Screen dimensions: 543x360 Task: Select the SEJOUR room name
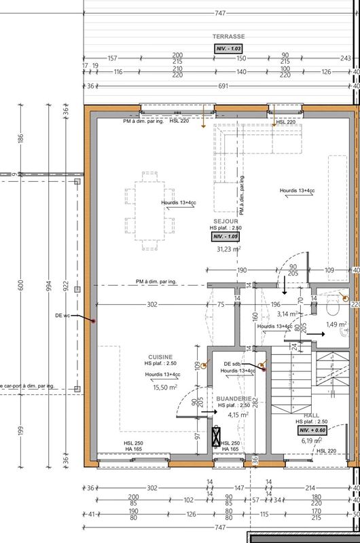click(x=225, y=221)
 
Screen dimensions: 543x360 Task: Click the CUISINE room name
click(x=160, y=356)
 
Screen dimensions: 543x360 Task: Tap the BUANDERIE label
click(x=234, y=399)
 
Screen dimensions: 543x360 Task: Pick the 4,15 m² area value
click(x=238, y=414)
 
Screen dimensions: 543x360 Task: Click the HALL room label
click(x=311, y=415)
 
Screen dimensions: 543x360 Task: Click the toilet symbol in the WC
click(x=332, y=308)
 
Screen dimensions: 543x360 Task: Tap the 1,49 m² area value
click(x=337, y=324)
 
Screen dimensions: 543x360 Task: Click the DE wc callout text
click(x=64, y=315)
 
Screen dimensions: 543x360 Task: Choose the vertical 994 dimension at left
click(x=47, y=286)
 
